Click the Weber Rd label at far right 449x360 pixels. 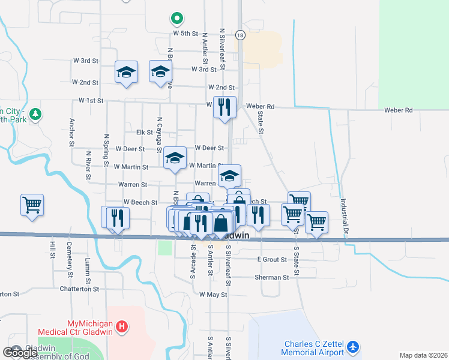coord(400,110)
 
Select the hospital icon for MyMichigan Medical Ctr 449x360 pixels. coord(122,327)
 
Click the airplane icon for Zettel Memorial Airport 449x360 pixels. coord(353,347)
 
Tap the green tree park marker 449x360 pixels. coord(35,113)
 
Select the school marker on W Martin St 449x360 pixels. coord(175,158)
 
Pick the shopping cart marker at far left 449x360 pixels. coord(32,205)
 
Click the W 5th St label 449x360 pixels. coord(185,34)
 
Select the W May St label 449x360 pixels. coord(213,295)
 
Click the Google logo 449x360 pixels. coord(20,352)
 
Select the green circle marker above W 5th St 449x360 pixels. coord(176,19)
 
